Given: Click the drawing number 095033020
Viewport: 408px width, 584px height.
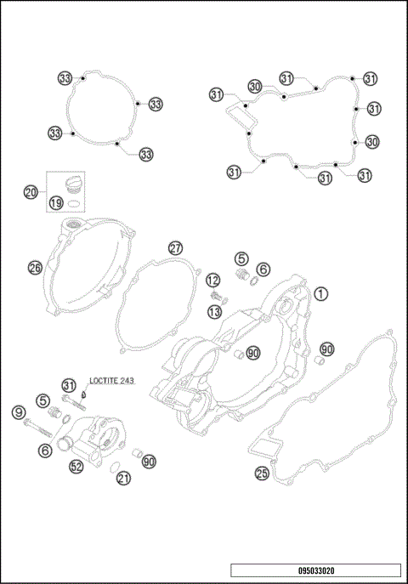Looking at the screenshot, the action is click(x=316, y=570).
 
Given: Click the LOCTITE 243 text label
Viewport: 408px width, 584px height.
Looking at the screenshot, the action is click(x=111, y=381).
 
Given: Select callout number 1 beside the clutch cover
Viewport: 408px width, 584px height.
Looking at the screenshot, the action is click(x=321, y=294).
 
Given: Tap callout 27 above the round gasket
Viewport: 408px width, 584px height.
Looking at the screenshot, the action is click(x=176, y=248).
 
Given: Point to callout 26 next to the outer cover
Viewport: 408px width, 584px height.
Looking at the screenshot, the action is click(x=35, y=268).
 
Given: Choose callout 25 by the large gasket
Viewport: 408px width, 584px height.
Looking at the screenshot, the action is click(x=262, y=473).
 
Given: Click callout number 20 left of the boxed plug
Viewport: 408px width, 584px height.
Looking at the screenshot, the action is click(x=31, y=192).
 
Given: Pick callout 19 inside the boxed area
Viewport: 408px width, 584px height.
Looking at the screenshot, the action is click(x=56, y=203).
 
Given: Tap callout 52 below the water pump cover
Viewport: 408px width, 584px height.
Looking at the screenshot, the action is click(x=76, y=467).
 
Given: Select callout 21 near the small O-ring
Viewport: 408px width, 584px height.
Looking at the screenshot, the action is click(x=123, y=479).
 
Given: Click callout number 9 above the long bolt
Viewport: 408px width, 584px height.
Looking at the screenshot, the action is click(x=19, y=412).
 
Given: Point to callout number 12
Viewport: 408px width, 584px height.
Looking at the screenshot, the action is click(x=213, y=281).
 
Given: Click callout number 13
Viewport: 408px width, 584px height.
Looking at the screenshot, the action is click(x=214, y=312).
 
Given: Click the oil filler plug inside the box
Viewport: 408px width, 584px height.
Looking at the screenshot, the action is click(x=72, y=184).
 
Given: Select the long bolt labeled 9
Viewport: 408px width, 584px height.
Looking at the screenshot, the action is click(x=37, y=428).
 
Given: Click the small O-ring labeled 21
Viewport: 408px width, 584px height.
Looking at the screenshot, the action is click(x=115, y=467).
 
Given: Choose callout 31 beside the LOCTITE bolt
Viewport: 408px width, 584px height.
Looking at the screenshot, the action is click(x=69, y=385).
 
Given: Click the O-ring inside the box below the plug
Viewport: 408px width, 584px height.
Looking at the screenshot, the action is click(x=74, y=203).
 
